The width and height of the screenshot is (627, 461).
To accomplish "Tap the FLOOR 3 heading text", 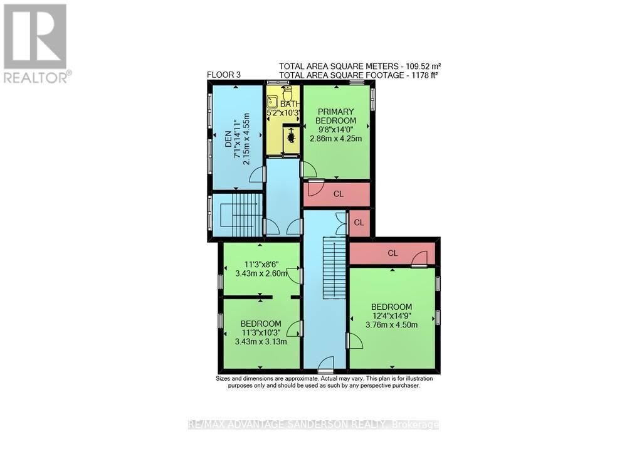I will [x=224, y=75].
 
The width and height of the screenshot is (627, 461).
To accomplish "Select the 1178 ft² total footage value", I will [x=424, y=74].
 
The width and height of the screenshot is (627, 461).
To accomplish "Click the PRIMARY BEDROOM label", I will [x=335, y=116].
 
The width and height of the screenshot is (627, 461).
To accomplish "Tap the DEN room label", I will [x=228, y=134].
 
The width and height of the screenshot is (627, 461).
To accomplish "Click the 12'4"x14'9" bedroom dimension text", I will [x=391, y=315].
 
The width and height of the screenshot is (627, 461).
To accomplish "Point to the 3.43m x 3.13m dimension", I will [x=261, y=342].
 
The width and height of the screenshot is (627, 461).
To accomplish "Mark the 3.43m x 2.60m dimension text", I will [x=261, y=273].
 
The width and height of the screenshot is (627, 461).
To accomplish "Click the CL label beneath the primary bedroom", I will [x=338, y=194].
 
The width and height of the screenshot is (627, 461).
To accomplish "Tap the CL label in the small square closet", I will [x=359, y=223].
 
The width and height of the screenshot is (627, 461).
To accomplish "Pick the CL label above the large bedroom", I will [x=393, y=253].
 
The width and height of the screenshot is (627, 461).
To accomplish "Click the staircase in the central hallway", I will [x=334, y=268].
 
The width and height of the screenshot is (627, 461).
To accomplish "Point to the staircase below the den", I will [x=238, y=215].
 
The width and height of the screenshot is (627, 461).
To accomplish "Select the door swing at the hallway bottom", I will [x=325, y=362].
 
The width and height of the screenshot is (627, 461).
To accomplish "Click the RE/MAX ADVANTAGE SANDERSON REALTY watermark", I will [x=313, y=425].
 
